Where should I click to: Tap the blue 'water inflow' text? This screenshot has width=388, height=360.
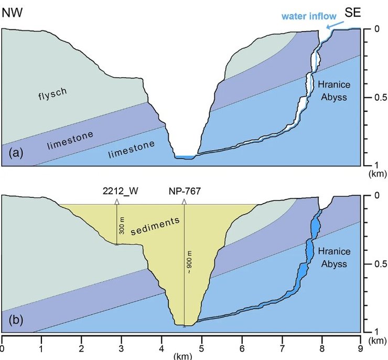[308, 16]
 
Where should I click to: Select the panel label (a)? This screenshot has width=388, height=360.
[17, 153]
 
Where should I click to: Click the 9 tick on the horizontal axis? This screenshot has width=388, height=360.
[360, 346]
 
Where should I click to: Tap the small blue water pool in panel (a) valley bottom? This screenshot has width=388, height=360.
[185, 157]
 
